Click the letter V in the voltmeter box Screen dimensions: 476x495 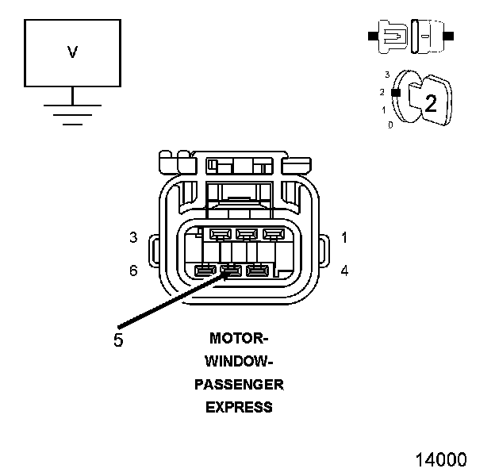[x=72, y=52]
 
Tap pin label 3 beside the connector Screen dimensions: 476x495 [x=134, y=237]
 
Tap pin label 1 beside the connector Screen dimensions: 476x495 [x=344, y=237]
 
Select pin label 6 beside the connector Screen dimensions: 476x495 [x=134, y=271]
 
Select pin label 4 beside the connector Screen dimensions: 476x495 [x=344, y=271]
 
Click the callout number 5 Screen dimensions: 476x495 [x=119, y=340]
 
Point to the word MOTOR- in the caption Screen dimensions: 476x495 [x=239, y=338]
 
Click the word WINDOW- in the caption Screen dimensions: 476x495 [x=239, y=362]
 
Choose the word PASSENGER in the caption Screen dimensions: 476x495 [x=239, y=385]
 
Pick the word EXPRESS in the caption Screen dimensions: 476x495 [x=239, y=408]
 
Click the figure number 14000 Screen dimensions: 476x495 [x=441, y=459]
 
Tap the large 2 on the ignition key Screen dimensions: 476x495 [x=431, y=102]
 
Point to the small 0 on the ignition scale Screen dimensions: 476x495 [x=390, y=125]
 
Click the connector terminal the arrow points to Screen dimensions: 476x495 [x=231, y=271]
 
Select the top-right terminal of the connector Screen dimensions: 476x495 [x=272, y=234]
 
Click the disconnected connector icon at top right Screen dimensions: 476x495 [x=410, y=36]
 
